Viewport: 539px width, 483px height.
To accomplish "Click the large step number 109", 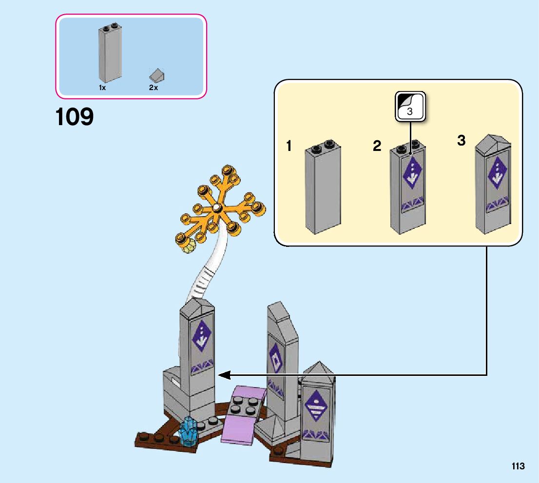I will pyautogui.click(x=75, y=117).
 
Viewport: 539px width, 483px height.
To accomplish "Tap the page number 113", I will pyautogui.click(x=518, y=466).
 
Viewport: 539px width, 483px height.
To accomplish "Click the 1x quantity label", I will pyautogui.click(x=102, y=88).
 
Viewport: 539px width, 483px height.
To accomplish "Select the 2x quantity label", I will pyautogui.click(x=154, y=88).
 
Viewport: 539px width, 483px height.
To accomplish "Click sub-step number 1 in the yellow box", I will pyautogui.click(x=289, y=146).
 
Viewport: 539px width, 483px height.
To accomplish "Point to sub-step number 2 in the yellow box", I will pyautogui.click(x=377, y=146).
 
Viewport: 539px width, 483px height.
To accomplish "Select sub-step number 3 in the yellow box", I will pyautogui.click(x=461, y=141).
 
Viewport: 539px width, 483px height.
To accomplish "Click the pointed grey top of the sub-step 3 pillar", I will pyautogui.click(x=493, y=143).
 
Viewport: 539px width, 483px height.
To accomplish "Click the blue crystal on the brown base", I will pyautogui.click(x=189, y=431).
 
